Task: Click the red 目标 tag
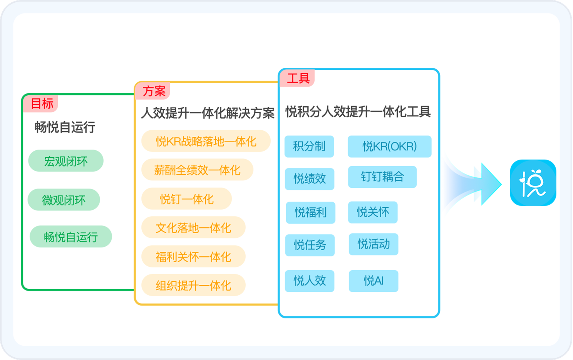[41, 103]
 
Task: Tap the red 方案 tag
[153, 91]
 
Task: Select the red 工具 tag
[298, 79]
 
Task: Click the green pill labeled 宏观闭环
[66, 161]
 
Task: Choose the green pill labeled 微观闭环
[64, 200]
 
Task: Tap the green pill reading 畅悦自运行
[71, 237]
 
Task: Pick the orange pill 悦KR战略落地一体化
[206, 141]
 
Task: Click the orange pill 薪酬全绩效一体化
[197, 170]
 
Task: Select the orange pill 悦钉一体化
[187, 199]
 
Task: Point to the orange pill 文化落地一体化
[193, 228]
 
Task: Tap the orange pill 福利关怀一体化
[193, 257]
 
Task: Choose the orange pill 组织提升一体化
[193, 286]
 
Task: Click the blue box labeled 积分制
[309, 146]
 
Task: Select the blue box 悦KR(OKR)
[389, 146]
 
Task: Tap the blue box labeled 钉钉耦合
[382, 177]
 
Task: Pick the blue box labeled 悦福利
[310, 212]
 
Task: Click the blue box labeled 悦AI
[374, 281]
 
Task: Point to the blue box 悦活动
[374, 244]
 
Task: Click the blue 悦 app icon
[533, 183]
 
